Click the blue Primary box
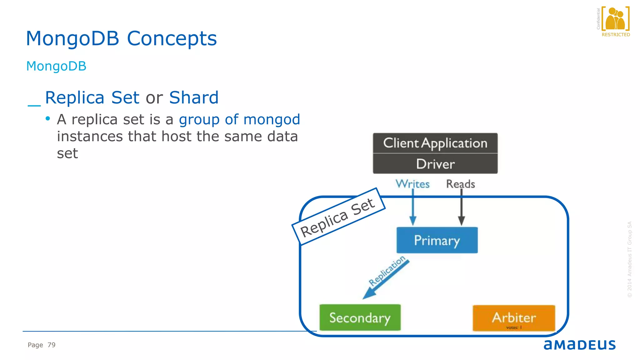click(437, 240)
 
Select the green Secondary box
click(360, 317)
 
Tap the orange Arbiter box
click(514, 317)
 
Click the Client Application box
click(435, 143)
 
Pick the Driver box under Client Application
click(435, 164)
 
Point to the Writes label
click(412, 184)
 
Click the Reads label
click(460, 184)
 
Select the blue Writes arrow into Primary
click(413, 209)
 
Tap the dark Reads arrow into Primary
click(461, 209)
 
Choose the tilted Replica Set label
click(338, 217)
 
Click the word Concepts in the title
click(172, 39)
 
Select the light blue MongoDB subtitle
click(56, 66)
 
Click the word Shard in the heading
click(194, 97)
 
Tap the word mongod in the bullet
click(272, 120)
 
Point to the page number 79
click(52, 345)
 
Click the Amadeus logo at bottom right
click(579, 345)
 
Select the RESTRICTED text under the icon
click(616, 35)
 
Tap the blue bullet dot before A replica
click(48, 118)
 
